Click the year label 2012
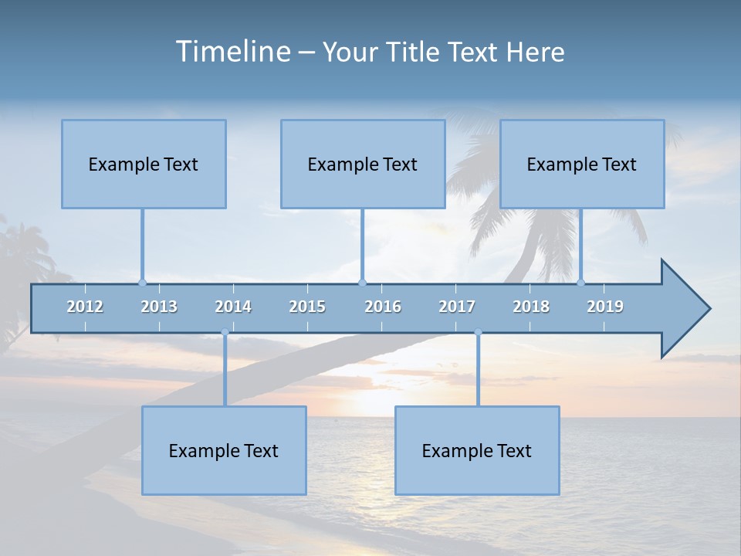(85, 307)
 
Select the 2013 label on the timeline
(159, 307)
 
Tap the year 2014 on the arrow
(233, 307)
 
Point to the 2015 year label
(307, 307)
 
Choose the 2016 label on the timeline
(383, 307)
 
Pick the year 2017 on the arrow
(457, 307)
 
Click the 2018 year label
(531, 307)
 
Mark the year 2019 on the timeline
(605, 307)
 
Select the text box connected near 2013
(144, 164)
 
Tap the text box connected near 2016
(363, 164)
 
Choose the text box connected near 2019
(582, 164)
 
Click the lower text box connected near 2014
(224, 450)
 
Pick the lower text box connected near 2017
(477, 450)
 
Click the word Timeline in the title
(231, 52)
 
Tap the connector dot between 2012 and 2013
(142, 283)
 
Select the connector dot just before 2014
(225, 332)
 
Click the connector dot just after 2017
(478, 332)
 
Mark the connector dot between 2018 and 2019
(581, 283)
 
